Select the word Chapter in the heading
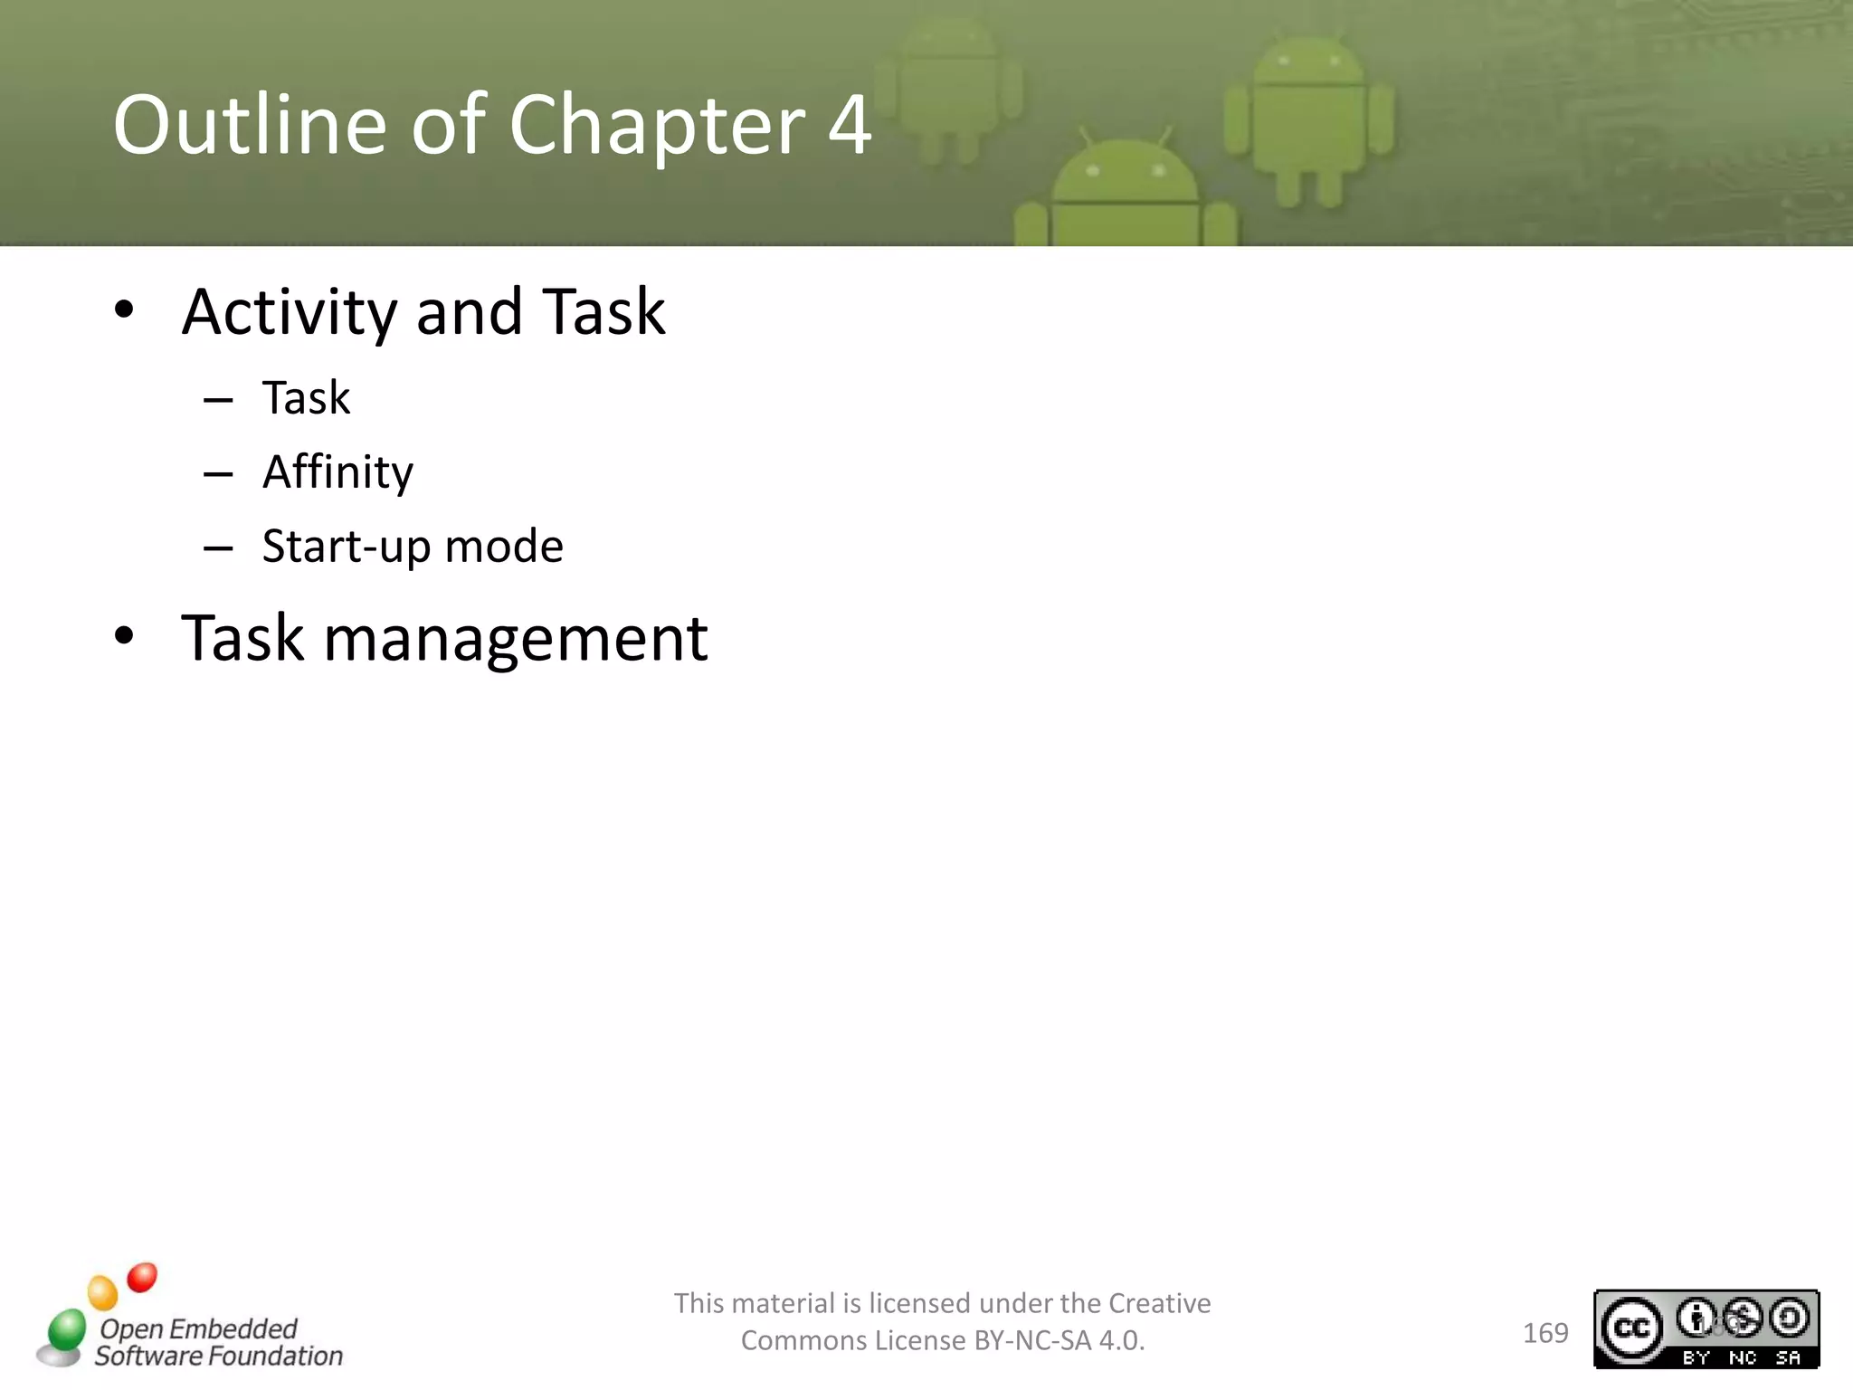coord(656,126)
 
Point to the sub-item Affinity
coord(337,472)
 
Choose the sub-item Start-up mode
coord(413,547)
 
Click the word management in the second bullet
coord(516,639)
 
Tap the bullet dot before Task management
coord(124,636)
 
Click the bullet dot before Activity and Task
coord(124,309)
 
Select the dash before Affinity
coord(218,474)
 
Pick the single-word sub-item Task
coord(306,398)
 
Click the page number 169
coord(1545,1333)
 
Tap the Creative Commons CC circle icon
coord(1632,1328)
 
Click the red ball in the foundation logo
coord(142,1278)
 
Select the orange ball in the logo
coord(103,1292)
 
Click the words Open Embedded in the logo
coord(198,1328)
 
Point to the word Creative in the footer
coord(1159,1303)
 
